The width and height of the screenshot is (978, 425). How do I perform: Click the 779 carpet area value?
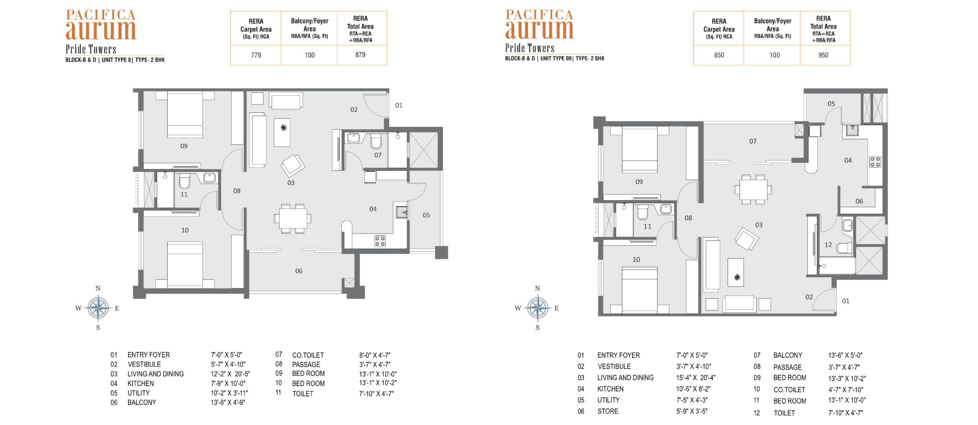256,55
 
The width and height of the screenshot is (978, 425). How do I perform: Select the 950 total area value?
823,55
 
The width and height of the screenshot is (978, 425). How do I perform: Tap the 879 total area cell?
360,55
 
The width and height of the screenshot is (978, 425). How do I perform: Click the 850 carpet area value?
719,55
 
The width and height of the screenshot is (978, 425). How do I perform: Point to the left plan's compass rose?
98,308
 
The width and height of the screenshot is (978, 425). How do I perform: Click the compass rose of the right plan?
538,308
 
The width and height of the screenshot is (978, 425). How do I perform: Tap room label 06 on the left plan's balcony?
299,271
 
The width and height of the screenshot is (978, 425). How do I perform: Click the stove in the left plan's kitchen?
380,241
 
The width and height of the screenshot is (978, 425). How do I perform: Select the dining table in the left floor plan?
293,218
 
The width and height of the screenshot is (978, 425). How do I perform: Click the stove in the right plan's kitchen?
875,161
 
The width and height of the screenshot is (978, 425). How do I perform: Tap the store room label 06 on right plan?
859,201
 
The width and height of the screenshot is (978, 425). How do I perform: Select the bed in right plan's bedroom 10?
640,290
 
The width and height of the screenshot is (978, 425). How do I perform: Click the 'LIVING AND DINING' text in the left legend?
155,374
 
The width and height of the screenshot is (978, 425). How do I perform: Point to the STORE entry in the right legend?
607,411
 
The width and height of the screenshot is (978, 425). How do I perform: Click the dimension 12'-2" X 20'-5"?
230,374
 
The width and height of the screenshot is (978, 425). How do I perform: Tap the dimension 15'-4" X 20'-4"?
696,378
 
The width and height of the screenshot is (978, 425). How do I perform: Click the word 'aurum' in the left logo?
101,30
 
